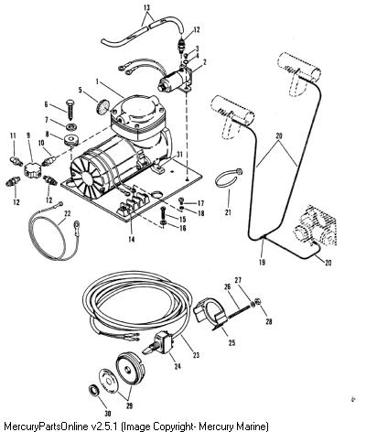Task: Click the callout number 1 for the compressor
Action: pos(97,81)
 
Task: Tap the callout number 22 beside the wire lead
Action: pos(68,213)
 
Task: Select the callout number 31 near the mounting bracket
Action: pos(179,155)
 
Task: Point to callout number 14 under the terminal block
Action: pos(131,239)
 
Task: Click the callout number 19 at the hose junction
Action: pos(262,262)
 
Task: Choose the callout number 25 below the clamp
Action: pos(231,342)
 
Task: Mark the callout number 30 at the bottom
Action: pos(108,414)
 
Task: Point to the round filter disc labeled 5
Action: pos(102,106)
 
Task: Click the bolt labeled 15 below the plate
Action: pos(163,215)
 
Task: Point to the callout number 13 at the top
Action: pos(147,7)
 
